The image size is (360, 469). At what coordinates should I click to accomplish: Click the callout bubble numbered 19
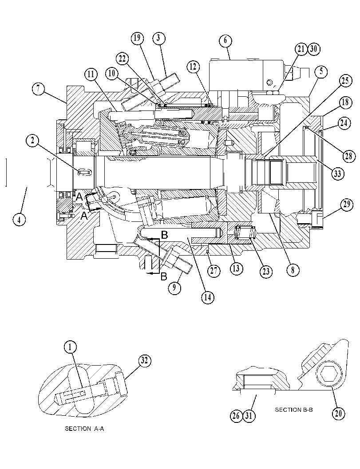tap(137, 38)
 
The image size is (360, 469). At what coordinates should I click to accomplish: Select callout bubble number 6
tap(225, 40)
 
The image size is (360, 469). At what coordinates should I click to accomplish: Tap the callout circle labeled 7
tap(38, 89)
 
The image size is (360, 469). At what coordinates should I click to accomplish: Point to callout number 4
tap(19, 220)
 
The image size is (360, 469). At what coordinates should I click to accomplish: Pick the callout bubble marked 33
tap(337, 173)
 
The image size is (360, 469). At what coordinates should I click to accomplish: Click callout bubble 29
tap(347, 205)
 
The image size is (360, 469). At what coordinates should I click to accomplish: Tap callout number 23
tap(266, 271)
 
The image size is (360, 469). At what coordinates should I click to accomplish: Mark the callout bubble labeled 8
tap(293, 270)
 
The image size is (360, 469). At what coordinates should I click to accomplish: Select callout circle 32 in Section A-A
tap(144, 361)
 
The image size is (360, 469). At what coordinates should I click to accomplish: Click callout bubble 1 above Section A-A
tap(70, 347)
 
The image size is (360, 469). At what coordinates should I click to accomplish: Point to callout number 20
tap(338, 414)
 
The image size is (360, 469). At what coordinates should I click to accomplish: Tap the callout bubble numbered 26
tap(237, 416)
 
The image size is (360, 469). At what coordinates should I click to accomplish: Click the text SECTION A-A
tap(84, 429)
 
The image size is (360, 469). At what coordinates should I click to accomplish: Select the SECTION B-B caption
tap(294, 410)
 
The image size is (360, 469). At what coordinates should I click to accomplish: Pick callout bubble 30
tap(313, 49)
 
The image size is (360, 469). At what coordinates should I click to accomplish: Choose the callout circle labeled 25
tap(345, 80)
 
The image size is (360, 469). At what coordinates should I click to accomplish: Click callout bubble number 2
tap(32, 141)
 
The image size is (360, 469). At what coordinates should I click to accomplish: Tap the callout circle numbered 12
tap(193, 67)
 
